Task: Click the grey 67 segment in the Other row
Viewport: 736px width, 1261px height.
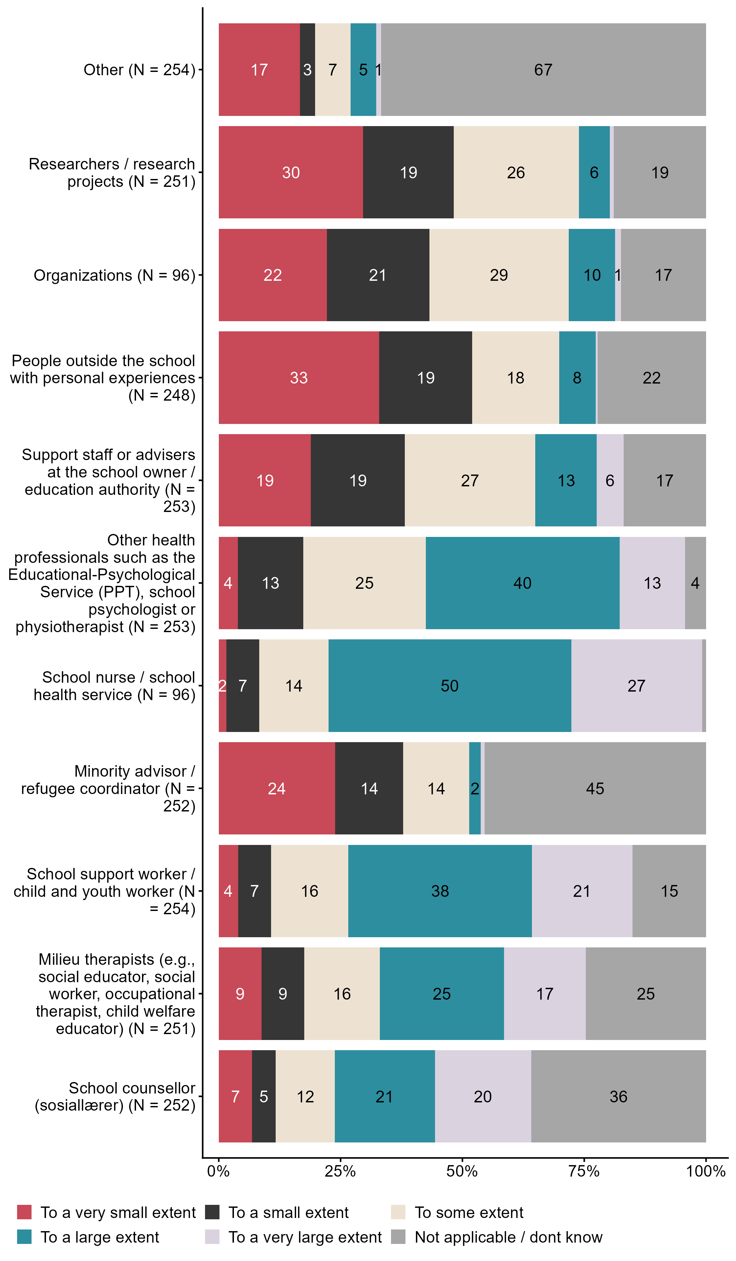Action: coord(543,70)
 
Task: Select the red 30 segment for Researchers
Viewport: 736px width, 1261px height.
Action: coord(290,172)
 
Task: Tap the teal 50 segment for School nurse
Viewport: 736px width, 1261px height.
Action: coord(449,686)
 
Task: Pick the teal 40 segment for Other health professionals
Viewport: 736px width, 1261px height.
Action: coord(522,583)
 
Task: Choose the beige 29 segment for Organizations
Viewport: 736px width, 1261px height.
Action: coord(499,275)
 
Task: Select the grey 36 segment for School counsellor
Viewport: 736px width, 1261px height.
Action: coord(618,1096)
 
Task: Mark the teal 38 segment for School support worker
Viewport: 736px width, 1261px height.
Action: coord(440,891)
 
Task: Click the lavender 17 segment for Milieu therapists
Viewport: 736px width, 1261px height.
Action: coord(545,993)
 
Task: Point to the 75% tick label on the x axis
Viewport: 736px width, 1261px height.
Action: coord(584,1171)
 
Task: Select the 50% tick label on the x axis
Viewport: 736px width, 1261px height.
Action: coord(462,1171)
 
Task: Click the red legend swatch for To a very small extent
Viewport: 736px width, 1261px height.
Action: coord(24,1212)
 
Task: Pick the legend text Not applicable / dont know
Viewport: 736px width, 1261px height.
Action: coord(508,1237)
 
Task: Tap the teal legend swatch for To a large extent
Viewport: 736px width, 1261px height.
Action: coord(24,1237)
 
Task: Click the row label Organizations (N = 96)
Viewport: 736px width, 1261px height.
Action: coord(114,275)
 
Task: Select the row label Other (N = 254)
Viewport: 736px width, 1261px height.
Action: coord(139,70)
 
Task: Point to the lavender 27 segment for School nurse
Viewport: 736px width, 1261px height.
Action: coord(636,686)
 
